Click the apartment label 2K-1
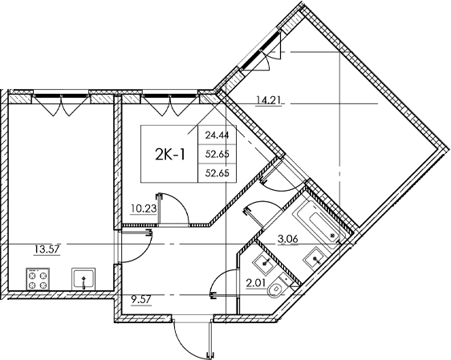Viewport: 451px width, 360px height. tap(169, 153)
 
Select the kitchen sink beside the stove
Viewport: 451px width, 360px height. tap(83, 280)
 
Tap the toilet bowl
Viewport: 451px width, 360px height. tap(275, 289)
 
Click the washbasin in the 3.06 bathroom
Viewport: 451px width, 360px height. tap(316, 258)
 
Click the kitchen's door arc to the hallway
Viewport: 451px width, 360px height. tap(132, 249)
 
